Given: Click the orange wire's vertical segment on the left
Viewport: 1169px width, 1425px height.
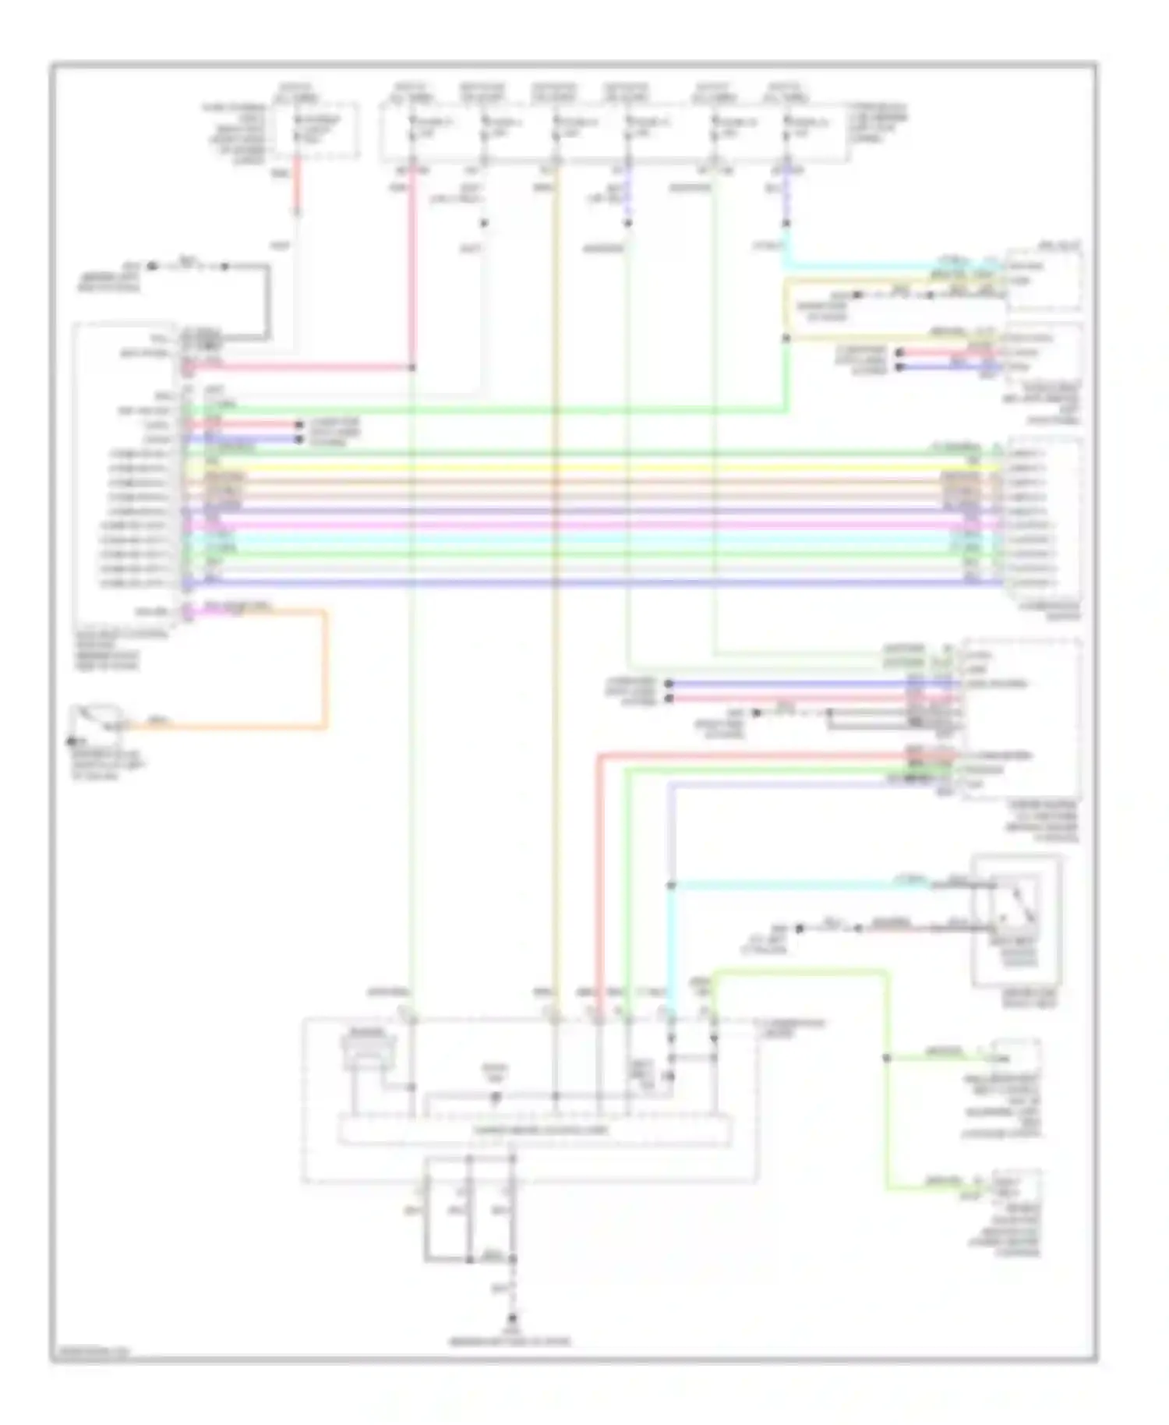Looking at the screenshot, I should [x=325, y=670].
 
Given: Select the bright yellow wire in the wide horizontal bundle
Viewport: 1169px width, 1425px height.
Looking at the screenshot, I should [x=592, y=467].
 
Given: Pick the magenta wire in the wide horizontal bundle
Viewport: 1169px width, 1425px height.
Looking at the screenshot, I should [x=592, y=525].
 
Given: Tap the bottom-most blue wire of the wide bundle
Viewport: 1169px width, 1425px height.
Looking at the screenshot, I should [x=592, y=583].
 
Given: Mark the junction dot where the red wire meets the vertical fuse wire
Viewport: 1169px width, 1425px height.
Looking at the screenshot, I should [x=412, y=367].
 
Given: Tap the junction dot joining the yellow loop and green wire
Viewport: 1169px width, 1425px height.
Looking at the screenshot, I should [x=786, y=338].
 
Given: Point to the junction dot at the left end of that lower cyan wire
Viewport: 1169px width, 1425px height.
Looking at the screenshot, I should [x=671, y=886].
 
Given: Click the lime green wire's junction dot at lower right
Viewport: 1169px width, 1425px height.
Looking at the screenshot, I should [x=886, y=1058].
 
